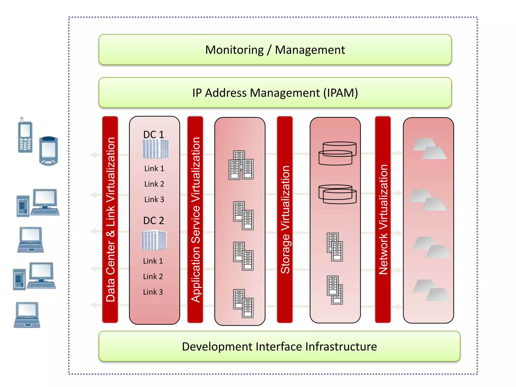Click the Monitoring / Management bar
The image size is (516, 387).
(x=275, y=50)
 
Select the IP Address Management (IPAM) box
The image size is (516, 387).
(x=275, y=93)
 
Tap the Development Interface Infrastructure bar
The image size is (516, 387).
(x=279, y=346)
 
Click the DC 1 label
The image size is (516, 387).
(x=153, y=135)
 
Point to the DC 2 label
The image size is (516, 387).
(x=153, y=221)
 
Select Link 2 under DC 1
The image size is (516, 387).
(x=154, y=184)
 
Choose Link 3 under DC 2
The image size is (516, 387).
(x=153, y=292)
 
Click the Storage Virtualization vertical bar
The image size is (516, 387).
(x=285, y=219)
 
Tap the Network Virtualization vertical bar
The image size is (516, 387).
(x=383, y=219)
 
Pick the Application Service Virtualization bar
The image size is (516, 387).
(x=195, y=219)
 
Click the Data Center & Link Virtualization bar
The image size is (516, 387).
(x=110, y=219)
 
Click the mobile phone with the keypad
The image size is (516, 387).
(x=25, y=136)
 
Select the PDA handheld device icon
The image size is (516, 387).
(x=49, y=151)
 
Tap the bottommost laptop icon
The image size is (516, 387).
(x=27, y=315)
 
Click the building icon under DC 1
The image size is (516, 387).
(x=156, y=149)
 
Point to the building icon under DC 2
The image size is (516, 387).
(x=154, y=240)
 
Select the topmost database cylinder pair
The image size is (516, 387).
(x=337, y=153)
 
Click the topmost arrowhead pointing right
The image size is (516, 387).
(x=398, y=153)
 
